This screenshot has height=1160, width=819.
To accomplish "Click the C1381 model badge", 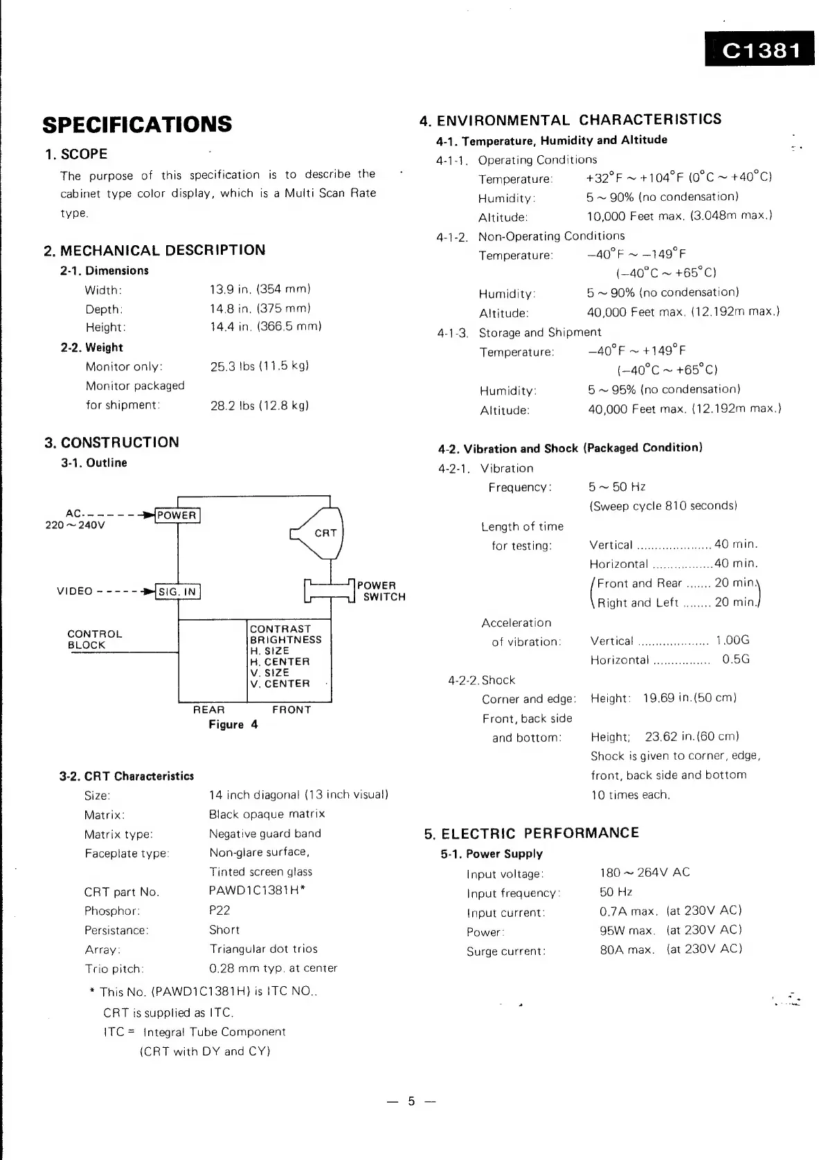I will (x=759, y=50).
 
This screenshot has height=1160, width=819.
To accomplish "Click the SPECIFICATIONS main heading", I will (x=137, y=125).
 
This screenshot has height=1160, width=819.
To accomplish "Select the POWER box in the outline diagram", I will (x=177, y=515).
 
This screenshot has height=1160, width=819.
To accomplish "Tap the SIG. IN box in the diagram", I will (x=178, y=591).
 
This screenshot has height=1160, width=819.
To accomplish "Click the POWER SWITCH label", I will (x=380, y=591).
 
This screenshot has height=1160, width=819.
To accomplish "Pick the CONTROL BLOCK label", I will (x=95, y=639).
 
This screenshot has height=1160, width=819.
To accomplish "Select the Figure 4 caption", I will (x=233, y=724).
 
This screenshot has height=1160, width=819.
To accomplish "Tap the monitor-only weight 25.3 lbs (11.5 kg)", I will (x=260, y=366).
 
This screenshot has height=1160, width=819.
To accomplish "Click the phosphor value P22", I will (x=219, y=911).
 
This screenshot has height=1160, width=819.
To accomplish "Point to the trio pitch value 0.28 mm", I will (x=273, y=968).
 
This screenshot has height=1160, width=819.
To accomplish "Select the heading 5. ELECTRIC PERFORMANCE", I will (x=531, y=833).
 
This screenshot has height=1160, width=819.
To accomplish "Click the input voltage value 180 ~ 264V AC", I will (x=645, y=873).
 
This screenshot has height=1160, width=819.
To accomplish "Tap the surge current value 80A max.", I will (x=627, y=949).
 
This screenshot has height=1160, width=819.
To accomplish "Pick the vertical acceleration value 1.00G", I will (x=732, y=641).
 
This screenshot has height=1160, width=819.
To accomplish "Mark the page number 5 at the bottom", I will (x=411, y=1101).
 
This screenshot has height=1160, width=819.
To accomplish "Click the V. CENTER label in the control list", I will (x=280, y=684).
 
